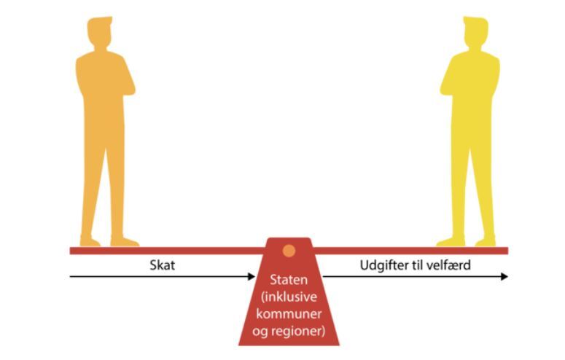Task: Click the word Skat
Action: tap(162, 265)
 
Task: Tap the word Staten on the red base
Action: tap(289, 280)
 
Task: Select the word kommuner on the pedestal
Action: tap(289, 313)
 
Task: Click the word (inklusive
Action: tap(289, 297)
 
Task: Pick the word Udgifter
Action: tap(384, 265)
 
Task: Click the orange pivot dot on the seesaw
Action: tap(289, 251)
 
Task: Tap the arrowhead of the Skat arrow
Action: tap(252, 277)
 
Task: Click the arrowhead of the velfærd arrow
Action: tap(504, 277)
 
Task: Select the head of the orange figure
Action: tap(100, 32)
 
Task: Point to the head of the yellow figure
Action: tap(475, 32)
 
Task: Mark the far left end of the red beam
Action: tap(70, 251)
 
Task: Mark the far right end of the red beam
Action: tap(508, 251)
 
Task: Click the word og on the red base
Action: tap(259, 332)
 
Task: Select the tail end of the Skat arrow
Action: tap(70, 277)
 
